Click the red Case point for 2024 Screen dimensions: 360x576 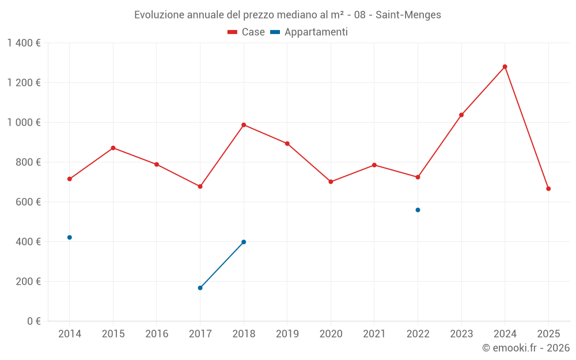coord(505,67)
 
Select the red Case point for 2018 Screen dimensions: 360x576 coord(244,125)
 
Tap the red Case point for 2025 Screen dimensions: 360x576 coord(548,189)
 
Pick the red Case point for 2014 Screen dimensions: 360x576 coord(70,179)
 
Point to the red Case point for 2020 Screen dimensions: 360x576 coord(331,182)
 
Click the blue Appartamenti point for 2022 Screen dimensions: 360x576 coord(418,210)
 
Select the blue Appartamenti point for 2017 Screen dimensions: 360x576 coord(200,288)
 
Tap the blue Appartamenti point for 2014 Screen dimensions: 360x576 coord(70,237)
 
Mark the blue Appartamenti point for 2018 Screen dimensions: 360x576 coord(244,242)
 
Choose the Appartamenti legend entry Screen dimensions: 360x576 coord(309,32)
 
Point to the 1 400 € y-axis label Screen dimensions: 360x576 coord(24,43)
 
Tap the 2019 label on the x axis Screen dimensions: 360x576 coord(287,334)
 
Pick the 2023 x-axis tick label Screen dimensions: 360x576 coord(461,334)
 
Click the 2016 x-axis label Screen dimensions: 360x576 coord(157,334)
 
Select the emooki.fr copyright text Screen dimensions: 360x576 coord(526,348)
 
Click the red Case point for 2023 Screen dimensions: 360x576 coord(461,115)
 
